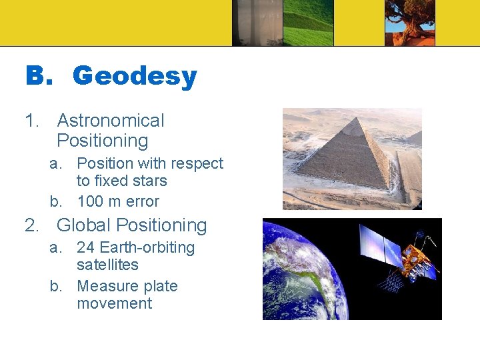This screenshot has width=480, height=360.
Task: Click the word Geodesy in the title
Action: (x=134, y=77)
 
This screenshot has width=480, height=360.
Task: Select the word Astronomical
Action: (x=111, y=121)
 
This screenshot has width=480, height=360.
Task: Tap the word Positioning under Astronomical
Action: (x=102, y=141)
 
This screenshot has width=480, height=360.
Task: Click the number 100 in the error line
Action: (x=91, y=201)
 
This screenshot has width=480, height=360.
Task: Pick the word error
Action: (x=141, y=201)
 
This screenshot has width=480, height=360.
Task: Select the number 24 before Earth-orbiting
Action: (x=85, y=247)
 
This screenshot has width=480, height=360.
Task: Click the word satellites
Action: (x=107, y=265)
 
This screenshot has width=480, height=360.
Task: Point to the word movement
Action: (x=114, y=303)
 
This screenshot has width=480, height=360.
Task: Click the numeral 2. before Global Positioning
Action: (x=32, y=225)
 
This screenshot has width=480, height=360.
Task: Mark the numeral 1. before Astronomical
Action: (x=32, y=121)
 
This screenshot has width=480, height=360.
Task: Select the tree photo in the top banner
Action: (x=409, y=23)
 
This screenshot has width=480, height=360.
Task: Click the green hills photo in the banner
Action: (x=308, y=23)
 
